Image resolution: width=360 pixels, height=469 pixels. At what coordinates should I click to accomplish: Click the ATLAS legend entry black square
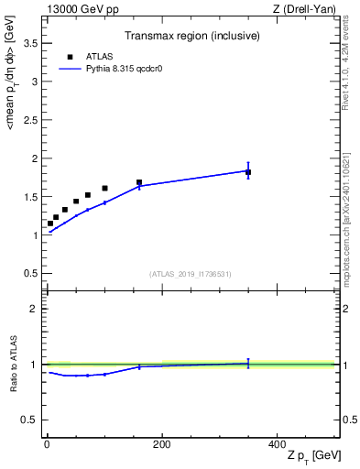[70, 57]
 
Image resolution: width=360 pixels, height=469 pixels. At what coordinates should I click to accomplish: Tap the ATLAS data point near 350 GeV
[248, 172]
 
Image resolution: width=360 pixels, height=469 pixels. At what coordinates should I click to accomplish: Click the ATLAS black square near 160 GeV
[139, 182]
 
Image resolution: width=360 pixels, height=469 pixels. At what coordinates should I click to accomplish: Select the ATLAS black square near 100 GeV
[104, 188]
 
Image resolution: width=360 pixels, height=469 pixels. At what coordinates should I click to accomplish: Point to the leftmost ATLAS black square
[50, 223]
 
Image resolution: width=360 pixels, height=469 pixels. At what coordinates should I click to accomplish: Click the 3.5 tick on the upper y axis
[33, 43]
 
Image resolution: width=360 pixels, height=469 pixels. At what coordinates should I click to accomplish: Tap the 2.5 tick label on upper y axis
[33, 120]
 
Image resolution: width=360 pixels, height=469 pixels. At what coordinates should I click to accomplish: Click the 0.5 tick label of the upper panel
[33, 274]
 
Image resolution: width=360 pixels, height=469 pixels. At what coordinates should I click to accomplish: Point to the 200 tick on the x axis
[161, 443]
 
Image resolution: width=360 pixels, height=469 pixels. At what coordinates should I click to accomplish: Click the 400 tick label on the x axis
[277, 443]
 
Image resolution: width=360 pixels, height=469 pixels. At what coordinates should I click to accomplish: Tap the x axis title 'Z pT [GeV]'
[312, 457]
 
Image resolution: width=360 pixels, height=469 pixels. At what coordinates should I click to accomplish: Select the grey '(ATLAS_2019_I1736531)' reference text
[190, 274]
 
